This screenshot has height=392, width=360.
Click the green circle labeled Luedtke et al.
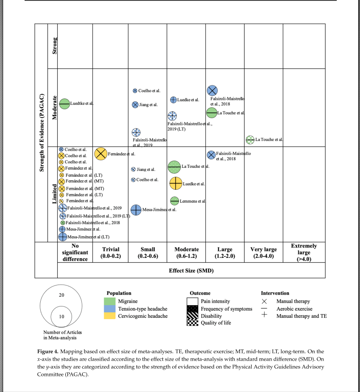64,104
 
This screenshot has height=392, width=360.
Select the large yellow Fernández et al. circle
101,153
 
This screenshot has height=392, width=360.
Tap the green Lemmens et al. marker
174,201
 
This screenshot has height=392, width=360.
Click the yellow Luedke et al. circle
175,183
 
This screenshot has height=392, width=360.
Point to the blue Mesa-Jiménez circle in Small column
136,209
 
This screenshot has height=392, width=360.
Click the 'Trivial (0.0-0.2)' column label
110,252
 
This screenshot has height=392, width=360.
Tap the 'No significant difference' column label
75,252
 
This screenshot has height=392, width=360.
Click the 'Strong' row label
55,46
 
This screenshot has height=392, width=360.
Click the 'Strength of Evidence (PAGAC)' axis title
41,132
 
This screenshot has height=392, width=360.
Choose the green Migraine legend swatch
110,301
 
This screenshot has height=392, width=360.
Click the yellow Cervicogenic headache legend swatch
110,316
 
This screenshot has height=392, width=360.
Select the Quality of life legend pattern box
192,323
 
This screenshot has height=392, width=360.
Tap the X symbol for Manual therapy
264,301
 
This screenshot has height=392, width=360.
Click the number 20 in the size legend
62,295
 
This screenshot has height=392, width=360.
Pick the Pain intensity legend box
192,301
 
